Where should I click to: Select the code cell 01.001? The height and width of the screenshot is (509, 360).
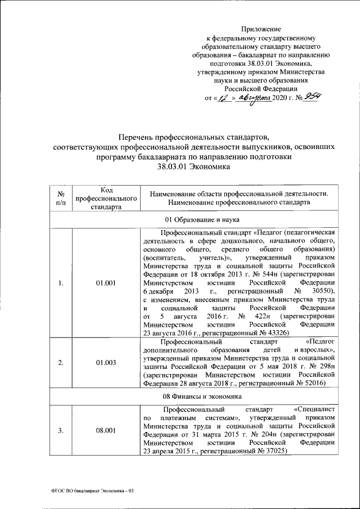105,282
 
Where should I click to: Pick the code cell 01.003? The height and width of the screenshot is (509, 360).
105,363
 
